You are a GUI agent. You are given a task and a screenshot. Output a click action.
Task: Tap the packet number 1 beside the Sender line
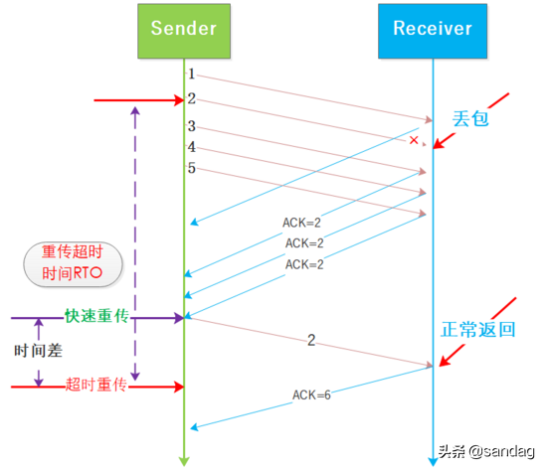tap(192, 75)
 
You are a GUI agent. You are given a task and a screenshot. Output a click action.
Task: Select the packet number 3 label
tap(192, 127)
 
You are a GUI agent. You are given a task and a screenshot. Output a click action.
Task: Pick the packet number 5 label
tap(192, 168)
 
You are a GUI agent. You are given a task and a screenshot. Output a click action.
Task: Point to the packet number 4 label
tap(192, 147)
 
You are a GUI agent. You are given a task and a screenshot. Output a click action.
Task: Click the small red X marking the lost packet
tap(414, 141)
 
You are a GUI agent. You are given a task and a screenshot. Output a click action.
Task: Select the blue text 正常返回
tap(479, 330)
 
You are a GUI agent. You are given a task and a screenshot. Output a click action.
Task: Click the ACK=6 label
tap(311, 394)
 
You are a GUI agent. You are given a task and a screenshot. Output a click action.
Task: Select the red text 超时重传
tap(95, 385)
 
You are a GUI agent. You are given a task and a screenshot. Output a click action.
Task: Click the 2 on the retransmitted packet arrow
tap(311, 340)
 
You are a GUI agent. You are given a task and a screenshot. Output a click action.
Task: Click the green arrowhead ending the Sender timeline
tap(184, 459)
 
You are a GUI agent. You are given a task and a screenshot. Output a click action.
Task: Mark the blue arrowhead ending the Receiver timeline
tap(433, 459)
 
